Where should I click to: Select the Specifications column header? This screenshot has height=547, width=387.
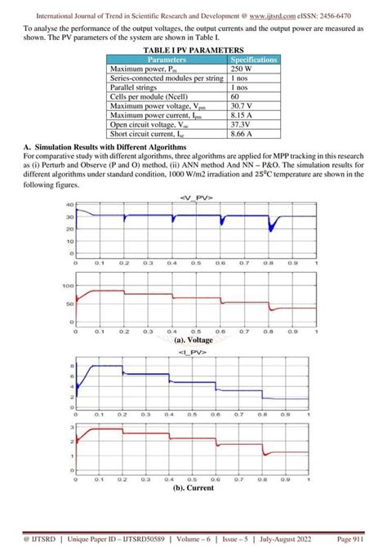pyautogui.click(x=254, y=60)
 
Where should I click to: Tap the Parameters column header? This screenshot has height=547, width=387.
pyautogui.click(x=167, y=60)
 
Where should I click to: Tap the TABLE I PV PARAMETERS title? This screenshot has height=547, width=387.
pyautogui.click(x=193, y=51)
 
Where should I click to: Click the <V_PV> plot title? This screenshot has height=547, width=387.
pyautogui.click(x=193, y=198)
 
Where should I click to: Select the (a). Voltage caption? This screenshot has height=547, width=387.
pyautogui.click(x=193, y=340)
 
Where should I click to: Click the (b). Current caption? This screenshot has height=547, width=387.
pyautogui.click(x=193, y=488)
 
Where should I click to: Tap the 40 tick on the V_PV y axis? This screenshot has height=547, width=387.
pyautogui.click(x=69, y=205)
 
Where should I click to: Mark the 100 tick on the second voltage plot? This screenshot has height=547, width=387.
pyautogui.click(x=68, y=287)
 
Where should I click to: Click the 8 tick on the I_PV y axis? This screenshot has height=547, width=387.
pyautogui.click(x=71, y=367)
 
